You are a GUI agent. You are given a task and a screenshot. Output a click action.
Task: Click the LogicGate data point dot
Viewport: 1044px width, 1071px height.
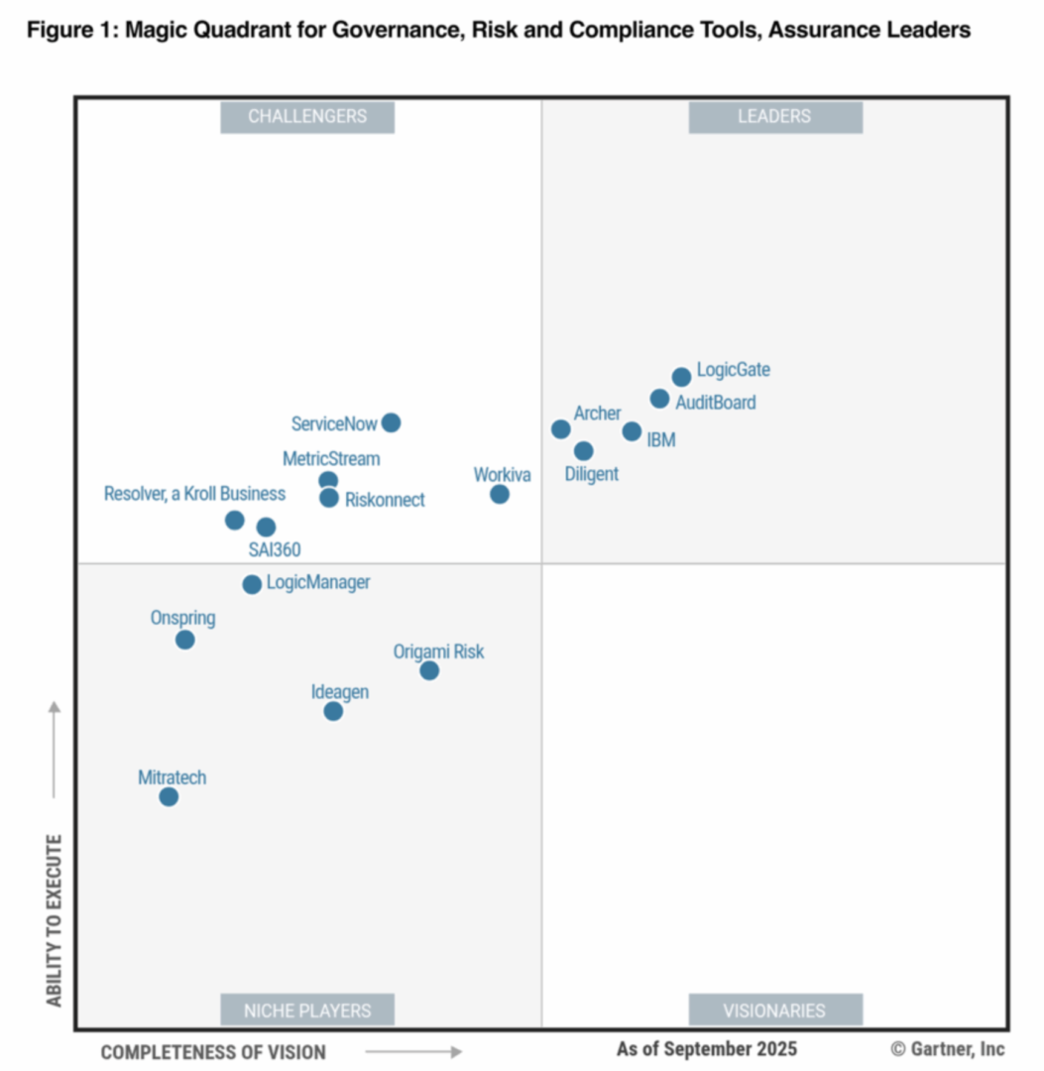681,377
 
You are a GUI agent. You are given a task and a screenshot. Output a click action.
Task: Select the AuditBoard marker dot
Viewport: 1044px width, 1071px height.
659,399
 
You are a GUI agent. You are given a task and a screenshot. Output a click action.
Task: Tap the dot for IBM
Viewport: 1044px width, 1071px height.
632,431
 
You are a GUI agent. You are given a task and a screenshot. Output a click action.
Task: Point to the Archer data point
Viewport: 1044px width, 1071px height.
561,429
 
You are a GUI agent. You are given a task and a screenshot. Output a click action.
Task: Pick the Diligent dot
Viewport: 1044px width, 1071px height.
584,451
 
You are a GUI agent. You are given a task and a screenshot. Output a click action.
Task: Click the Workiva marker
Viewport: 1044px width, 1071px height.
500,494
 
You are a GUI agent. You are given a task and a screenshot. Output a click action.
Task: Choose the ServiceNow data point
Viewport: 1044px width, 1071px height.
392,422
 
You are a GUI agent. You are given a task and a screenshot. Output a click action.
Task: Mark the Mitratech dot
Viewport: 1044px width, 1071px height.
169,796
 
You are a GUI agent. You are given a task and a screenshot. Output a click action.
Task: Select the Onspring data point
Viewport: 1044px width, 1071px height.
185,640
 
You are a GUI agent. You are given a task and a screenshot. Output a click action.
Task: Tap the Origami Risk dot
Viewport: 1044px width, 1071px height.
429,670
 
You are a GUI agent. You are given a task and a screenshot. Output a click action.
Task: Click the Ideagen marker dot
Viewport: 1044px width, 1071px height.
333,711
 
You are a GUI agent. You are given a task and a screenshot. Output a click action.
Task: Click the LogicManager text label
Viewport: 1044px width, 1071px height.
318,582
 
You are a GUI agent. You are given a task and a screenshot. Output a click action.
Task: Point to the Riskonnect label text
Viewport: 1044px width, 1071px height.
385,500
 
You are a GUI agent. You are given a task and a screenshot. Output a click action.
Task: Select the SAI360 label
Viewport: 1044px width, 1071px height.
275,549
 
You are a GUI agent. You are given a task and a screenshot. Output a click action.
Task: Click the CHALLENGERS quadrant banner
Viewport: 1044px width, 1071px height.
307,116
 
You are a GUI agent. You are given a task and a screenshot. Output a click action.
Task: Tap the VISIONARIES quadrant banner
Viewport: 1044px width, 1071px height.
774,1011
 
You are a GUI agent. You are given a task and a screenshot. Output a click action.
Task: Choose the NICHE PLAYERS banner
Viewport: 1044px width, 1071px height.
307,1011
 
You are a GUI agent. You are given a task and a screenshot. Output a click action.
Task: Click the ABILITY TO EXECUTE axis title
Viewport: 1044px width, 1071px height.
55,921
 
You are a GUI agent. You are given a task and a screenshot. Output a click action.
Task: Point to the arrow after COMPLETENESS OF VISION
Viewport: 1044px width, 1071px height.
413,1051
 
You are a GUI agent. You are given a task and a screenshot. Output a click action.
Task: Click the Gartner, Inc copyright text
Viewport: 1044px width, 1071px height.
948,1048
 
